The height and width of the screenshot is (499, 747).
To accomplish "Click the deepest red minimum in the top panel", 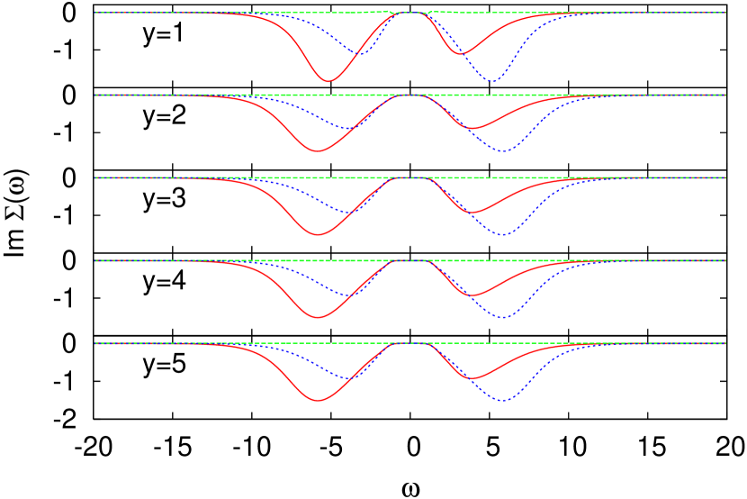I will [x=328, y=81].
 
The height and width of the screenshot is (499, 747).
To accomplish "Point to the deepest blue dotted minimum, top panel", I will [x=492, y=81].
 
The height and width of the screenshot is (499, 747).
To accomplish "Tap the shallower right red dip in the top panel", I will [x=460, y=54].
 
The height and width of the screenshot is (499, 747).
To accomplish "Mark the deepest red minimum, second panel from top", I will [x=317, y=151].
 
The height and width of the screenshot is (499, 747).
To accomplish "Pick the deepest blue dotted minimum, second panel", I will [x=503, y=151].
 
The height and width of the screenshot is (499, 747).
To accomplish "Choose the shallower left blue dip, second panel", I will [x=345, y=129].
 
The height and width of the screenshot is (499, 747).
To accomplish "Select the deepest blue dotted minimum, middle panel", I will [x=503, y=235].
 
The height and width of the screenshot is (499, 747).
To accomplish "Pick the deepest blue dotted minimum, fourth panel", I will [x=503, y=317].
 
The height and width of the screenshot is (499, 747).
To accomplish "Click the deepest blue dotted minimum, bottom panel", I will [x=503, y=400].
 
